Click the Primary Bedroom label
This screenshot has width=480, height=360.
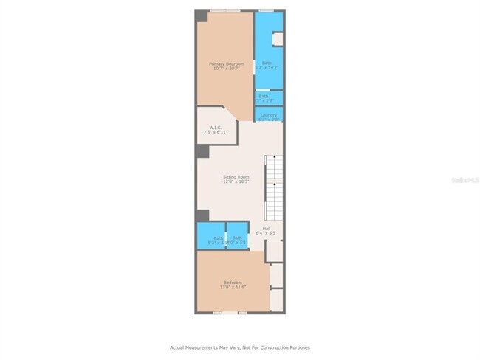click(x=225, y=64)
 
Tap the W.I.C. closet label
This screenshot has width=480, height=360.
click(x=215, y=128)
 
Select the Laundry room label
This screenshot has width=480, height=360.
click(x=269, y=114)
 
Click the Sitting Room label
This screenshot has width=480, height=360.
click(x=236, y=177)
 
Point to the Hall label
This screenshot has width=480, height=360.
click(x=266, y=228)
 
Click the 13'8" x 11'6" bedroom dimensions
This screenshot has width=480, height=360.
click(x=233, y=287)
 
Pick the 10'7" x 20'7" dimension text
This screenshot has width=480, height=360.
click(x=225, y=69)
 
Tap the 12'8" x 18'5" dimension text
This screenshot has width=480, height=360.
click(x=236, y=181)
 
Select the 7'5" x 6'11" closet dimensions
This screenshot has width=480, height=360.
click(x=215, y=132)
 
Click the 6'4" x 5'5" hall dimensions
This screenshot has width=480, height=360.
click(x=266, y=233)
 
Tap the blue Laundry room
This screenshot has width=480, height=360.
click(x=269, y=115)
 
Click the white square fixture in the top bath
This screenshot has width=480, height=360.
click(x=278, y=40)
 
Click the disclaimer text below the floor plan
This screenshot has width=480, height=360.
click(x=240, y=347)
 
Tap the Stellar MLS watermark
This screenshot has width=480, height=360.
click(x=464, y=179)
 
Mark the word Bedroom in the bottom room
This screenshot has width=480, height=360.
click(x=233, y=283)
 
